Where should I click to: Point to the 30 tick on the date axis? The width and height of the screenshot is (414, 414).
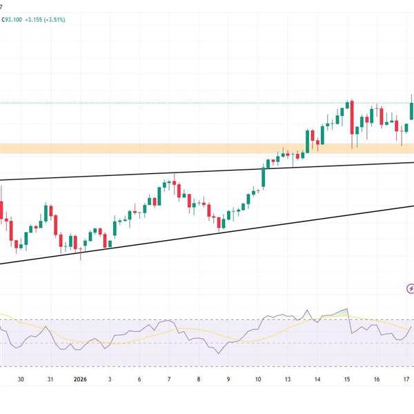[x=21, y=379]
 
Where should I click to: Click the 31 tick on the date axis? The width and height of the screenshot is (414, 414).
[x=50, y=379]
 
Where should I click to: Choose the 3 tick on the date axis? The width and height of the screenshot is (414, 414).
[x=110, y=379]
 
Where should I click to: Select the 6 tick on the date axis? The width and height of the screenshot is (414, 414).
[x=139, y=379]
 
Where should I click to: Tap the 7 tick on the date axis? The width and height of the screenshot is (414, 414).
[x=169, y=379]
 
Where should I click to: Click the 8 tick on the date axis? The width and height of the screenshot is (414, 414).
[x=199, y=379]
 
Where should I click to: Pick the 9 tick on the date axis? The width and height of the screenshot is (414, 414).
[x=228, y=379]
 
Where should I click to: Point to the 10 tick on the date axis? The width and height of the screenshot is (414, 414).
[x=258, y=379]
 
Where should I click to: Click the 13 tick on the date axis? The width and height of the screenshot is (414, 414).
[x=288, y=379]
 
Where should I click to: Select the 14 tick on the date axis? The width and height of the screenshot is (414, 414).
[x=317, y=379]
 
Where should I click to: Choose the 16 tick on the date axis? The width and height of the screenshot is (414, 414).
[x=377, y=379]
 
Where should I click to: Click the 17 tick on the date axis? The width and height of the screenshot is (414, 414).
[x=406, y=379]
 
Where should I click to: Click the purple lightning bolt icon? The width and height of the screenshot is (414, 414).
[x=411, y=288]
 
